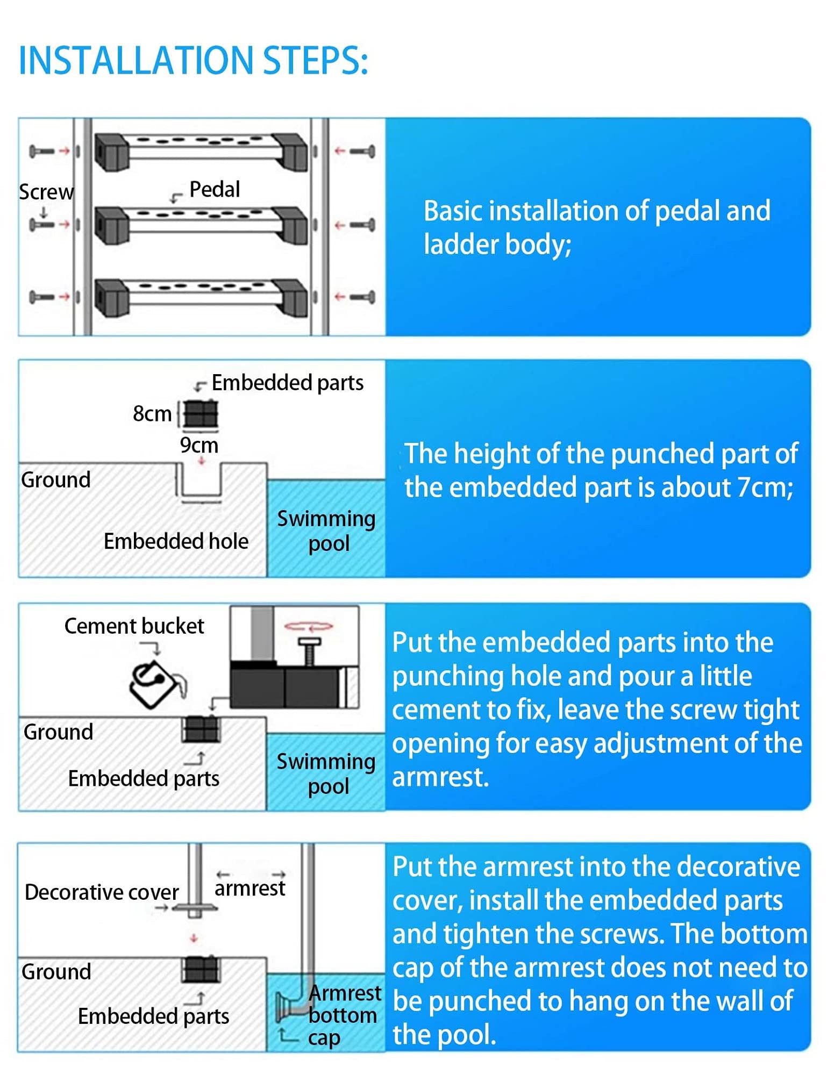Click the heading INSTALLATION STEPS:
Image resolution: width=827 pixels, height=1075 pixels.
[194, 60]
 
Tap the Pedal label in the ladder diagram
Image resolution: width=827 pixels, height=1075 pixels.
[215, 189]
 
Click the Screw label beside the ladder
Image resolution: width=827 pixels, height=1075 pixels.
[46, 192]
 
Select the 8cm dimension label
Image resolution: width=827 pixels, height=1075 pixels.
[152, 413]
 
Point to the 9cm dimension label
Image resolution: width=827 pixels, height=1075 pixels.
[199, 445]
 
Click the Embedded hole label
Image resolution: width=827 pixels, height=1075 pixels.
[176, 541]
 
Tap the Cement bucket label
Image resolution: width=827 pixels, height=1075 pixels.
[134, 626]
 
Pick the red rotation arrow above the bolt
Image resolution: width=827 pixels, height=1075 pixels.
[309, 626]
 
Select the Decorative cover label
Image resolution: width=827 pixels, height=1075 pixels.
[102, 892]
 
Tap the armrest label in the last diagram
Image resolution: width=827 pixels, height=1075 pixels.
[250, 888]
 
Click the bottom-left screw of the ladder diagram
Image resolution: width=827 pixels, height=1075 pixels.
[42, 296]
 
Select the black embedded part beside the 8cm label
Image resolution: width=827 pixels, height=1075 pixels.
[201, 414]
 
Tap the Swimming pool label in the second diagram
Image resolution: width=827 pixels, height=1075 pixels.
[326, 531]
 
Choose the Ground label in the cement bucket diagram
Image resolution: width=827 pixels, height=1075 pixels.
[59, 732]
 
